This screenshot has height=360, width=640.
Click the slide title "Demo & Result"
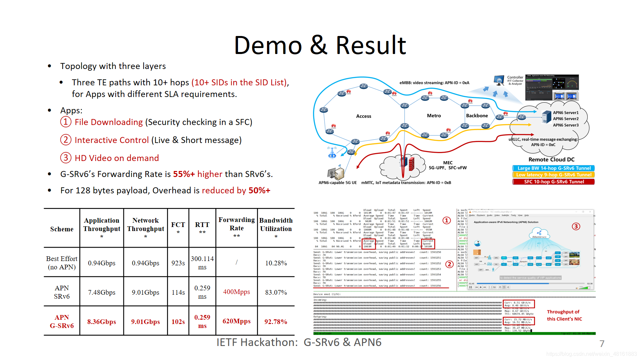tap(320, 45)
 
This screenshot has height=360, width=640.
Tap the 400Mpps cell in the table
tap(236, 292)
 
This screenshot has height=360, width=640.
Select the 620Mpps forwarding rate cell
tap(236, 321)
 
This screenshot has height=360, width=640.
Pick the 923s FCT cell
tap(178, 263)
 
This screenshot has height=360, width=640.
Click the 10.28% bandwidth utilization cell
tap(276, 263)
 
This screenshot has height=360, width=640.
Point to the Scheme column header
tap(62, 229)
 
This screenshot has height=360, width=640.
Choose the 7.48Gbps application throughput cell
tap(102, 292)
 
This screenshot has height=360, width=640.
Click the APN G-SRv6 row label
tap(62, 321)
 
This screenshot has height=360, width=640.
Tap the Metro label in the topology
tap(434, 116)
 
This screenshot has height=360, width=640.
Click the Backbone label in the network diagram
tap(477, 116)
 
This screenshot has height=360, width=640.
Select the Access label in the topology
tap(363, 116)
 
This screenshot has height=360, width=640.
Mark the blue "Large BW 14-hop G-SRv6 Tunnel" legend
tap(554, 168)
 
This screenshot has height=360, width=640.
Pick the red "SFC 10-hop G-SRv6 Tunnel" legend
tap(554, 182)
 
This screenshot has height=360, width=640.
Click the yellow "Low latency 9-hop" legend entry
tap(554, 175)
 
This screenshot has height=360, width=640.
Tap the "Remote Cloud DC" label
tap(551, 160)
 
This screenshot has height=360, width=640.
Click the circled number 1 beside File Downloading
tap(66, 122)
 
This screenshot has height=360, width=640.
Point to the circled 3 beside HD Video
tap(66, 158)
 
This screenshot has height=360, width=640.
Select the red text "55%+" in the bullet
tap(184, 174)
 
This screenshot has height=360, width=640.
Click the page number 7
tap(602, 344)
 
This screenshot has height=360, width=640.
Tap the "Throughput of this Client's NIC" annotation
tap(564, 315)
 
